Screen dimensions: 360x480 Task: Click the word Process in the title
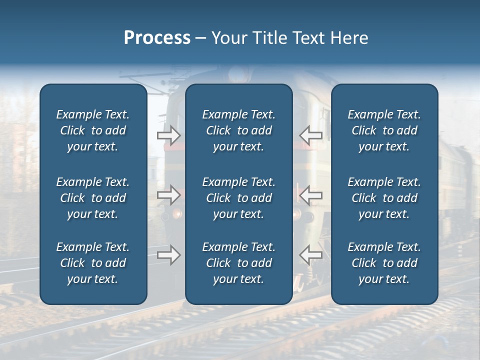tap(157, 38)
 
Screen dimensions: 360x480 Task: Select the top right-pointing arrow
tap(168, 135)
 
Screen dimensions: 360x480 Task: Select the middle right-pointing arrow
tap(168, 195)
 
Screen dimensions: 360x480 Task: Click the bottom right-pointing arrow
tap(168, 255)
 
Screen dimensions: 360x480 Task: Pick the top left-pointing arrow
tap(310, 135)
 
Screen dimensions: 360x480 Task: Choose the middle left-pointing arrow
tap(310, 195)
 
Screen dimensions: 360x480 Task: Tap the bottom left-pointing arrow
tap(310, 255)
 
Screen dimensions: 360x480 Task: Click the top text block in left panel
tap(93, 130)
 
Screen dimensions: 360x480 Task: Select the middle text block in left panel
tap(93, 198)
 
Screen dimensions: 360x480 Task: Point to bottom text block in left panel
tap(93, 263)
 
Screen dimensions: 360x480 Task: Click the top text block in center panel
tap(238, 130)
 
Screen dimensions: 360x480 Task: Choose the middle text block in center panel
tap(238, 198)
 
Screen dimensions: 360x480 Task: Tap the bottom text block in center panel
tap(238, 263)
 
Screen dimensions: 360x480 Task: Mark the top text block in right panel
tap(384, 130)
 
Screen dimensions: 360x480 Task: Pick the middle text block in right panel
tap(384, 198)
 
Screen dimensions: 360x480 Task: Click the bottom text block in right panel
tap(384, 263)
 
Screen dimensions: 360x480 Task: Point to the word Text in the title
tap(308, 38)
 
